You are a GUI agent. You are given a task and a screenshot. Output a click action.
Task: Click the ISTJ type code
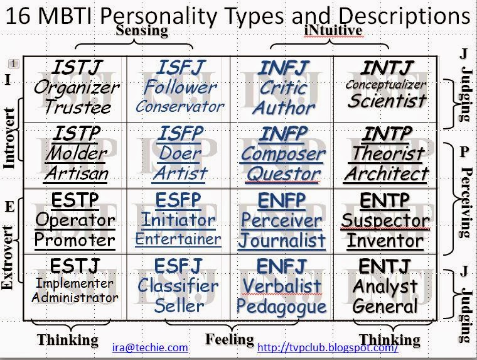click(77, 67)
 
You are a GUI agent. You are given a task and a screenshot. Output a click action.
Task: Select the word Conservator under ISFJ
click(180, 107)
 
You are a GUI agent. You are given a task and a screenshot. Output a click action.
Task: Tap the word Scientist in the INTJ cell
click(387, 101)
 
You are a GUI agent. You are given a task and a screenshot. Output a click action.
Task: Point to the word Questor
click(283, 174)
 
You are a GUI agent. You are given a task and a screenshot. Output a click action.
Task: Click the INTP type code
click(387, 134)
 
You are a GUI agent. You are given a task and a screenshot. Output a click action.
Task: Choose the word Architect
click(387, 174)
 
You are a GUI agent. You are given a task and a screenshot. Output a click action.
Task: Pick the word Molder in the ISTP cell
click(77, 153)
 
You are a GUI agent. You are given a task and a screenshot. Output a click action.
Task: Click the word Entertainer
click(178, 239)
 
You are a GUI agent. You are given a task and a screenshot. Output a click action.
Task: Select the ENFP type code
click(282, 200)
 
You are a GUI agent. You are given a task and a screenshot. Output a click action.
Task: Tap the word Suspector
click(385, 220)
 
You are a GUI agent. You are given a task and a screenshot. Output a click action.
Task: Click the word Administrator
click(75, 298)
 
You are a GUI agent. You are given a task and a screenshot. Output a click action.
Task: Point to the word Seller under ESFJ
click(179, 306)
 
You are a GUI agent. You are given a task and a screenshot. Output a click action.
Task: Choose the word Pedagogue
click(281, 307)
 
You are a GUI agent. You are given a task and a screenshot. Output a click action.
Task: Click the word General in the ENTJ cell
click(385, 306)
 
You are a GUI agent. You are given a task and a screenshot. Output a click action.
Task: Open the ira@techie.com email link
click(150, 347)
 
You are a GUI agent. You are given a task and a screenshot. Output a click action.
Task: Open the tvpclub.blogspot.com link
click(328, 347)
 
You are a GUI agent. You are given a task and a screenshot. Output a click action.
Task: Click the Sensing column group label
click(142, 31)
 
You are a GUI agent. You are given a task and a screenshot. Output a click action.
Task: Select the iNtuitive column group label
click(333, 30)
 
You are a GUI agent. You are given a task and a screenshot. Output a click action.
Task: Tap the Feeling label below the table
click(230, 339)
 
